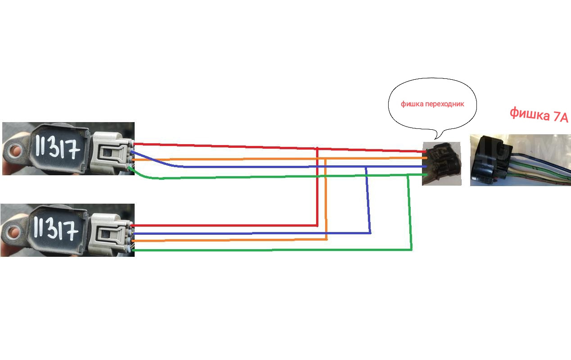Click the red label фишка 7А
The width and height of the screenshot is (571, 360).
point(539,115)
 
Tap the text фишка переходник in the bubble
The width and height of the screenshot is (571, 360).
point(432,104)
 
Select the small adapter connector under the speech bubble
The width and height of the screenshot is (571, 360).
point(442,163)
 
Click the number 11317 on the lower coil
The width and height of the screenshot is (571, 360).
point(57,230)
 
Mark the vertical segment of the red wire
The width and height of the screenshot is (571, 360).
point(317,189)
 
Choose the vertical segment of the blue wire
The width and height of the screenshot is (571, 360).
point(368,201)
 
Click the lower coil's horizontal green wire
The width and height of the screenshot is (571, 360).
point(270,250)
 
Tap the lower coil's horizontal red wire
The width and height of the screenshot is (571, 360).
point(225,225)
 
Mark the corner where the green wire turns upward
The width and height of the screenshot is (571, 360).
point(411,249)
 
